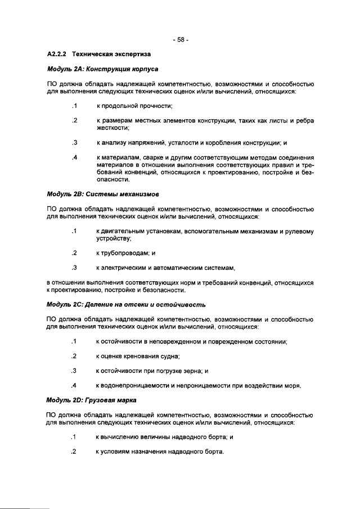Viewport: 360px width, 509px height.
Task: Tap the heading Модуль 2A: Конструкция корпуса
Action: coord(102,70)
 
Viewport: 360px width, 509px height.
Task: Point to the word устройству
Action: coord(113,239)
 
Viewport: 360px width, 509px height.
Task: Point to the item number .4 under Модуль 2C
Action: coord(74,386)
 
